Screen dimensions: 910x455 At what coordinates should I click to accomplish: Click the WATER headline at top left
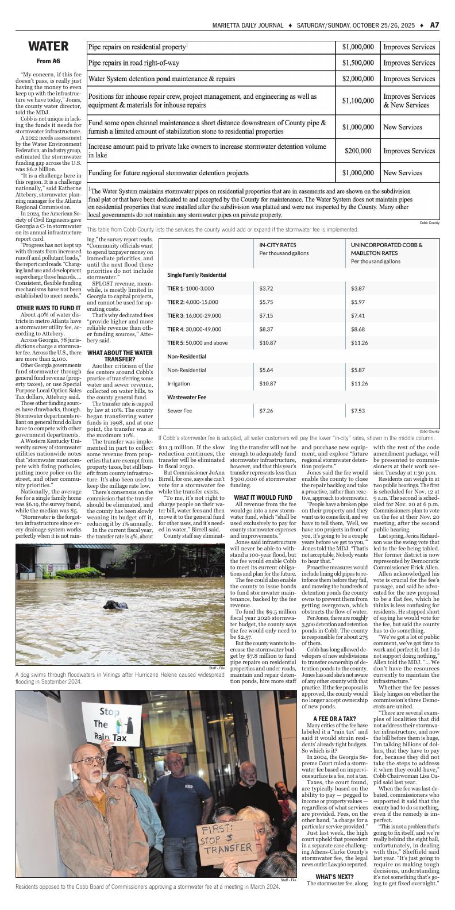(x=49, y=47)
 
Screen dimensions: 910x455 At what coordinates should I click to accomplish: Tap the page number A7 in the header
(x=434, y=25)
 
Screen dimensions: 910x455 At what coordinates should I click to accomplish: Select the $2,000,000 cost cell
(x=358, y=79)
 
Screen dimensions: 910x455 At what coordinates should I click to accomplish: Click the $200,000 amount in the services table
(x=358, y=151)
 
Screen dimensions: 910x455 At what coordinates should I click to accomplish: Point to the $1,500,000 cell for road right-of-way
(x=358, y=63)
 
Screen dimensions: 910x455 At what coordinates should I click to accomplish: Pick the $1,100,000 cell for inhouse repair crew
(x=358, y=101)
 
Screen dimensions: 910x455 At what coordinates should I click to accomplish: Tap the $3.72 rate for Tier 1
(x=265, y=288)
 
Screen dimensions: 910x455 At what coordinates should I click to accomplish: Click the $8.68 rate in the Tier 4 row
(x=358, y=329)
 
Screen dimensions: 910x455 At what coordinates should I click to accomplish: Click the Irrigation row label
(x=178, y=383)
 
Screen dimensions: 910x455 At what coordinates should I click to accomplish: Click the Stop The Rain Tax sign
(x=110, y=724)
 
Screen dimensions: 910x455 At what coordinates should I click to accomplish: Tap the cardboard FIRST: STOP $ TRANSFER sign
(x=220, y=840)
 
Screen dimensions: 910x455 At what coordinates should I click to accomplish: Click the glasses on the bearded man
(x=90, y=761)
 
